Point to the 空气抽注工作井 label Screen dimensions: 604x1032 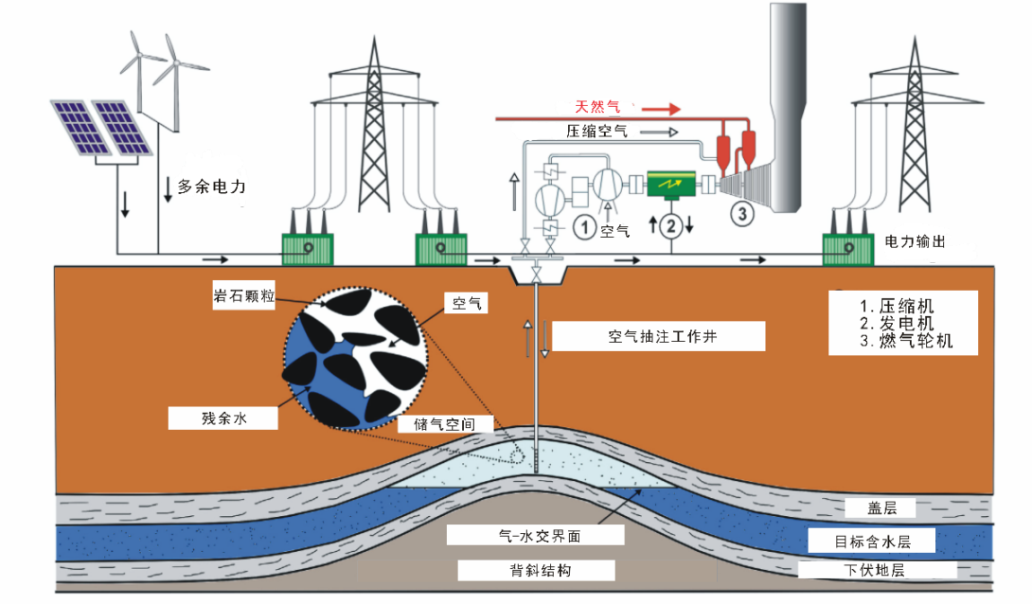[x=660, y=337]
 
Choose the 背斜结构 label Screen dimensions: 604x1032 [x=535, y=570]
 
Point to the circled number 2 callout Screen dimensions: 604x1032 [x=670, y=226]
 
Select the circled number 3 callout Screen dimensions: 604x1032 [x=742, y=214]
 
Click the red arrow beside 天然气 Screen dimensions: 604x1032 [x=661, y=109]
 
